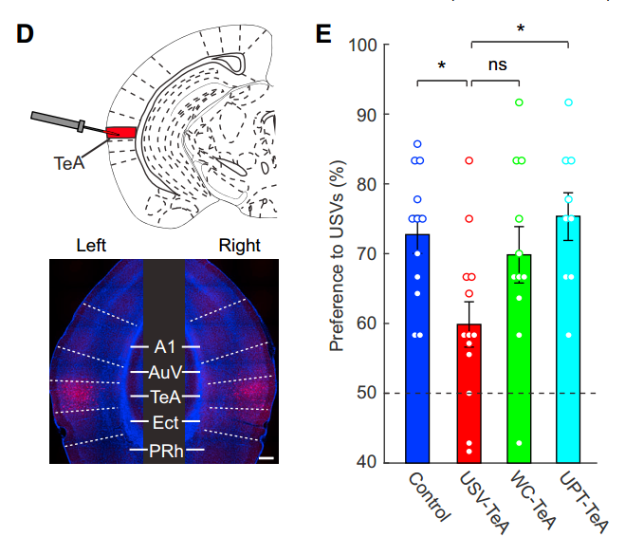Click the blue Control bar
[417, 348]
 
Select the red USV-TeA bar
[469, 394]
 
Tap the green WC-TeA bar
[519, 359]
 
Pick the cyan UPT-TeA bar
[568, 340]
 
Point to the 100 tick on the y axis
[385, 45]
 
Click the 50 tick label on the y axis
[367, 393]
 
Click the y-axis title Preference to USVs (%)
[337, 255]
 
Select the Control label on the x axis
[430, 496]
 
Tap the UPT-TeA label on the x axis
[584, 502]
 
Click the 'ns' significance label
[498, 65]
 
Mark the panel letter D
[25, 34]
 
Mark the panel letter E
[323, 34]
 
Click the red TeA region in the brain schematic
[121, 133]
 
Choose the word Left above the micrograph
[91, 246]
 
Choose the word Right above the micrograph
[240, 246]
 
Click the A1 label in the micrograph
[165, 347]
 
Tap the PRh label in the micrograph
[166, 451]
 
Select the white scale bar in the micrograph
[267, 458]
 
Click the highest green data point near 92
[519, 102]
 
